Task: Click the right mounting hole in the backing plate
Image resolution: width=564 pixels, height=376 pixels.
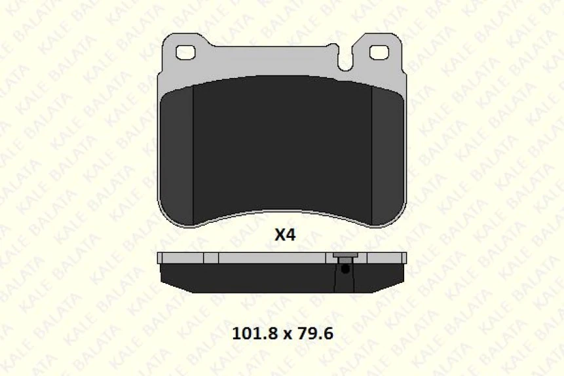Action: [379, 52]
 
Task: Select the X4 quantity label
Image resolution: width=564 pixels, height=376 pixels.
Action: [284, 235]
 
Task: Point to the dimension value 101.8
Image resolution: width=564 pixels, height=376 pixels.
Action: [255, 333]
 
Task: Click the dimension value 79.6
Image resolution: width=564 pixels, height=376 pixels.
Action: [316, 333]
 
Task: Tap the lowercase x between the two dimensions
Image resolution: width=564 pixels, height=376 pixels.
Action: [286, 335]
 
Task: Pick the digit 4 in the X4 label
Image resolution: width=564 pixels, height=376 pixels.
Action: [290, 235]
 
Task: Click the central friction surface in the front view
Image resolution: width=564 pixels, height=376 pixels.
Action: [282, 147]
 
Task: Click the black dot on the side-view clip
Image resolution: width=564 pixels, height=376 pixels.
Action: [345, 269]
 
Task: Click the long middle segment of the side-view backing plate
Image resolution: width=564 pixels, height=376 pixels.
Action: [272, 258]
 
